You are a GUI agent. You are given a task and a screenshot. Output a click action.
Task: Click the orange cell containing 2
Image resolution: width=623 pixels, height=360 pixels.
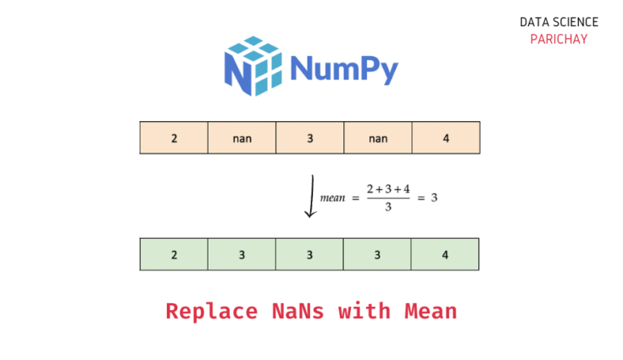(174, 137)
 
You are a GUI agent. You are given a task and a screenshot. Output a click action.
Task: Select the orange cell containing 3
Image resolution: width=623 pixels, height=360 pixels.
(309, 137)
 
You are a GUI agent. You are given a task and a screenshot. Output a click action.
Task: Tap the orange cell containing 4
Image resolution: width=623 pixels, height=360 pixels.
(446, 137)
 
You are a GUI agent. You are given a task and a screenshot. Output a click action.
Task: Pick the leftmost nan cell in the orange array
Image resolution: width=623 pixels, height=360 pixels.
(242, 137)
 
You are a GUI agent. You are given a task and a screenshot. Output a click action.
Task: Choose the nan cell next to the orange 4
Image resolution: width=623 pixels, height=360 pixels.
(378, 137)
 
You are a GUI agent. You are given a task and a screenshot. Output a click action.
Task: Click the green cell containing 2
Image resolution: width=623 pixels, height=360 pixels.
(174, 254)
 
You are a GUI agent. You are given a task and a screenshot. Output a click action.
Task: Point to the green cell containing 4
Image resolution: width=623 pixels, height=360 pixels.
(445, 254)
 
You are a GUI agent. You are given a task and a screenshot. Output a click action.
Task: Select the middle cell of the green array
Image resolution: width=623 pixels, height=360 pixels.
(309, 254)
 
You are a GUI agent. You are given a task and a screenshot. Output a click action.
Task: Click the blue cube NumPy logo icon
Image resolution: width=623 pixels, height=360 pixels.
(253, 65)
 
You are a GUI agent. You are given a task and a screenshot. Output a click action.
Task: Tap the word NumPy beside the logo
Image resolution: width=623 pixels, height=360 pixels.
(343, 68)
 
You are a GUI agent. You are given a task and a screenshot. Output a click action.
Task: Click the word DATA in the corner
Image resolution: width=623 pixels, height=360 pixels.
(534, 22)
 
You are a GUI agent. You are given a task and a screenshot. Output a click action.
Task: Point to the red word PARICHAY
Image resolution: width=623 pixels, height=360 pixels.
(559, 39)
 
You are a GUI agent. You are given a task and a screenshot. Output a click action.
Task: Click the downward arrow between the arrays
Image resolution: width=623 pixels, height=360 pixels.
(311, 197)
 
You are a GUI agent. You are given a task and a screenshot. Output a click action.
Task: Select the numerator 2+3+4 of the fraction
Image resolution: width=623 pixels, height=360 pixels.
(388, 188)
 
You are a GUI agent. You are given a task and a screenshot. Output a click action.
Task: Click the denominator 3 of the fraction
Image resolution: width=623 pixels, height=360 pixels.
(388, 208)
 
